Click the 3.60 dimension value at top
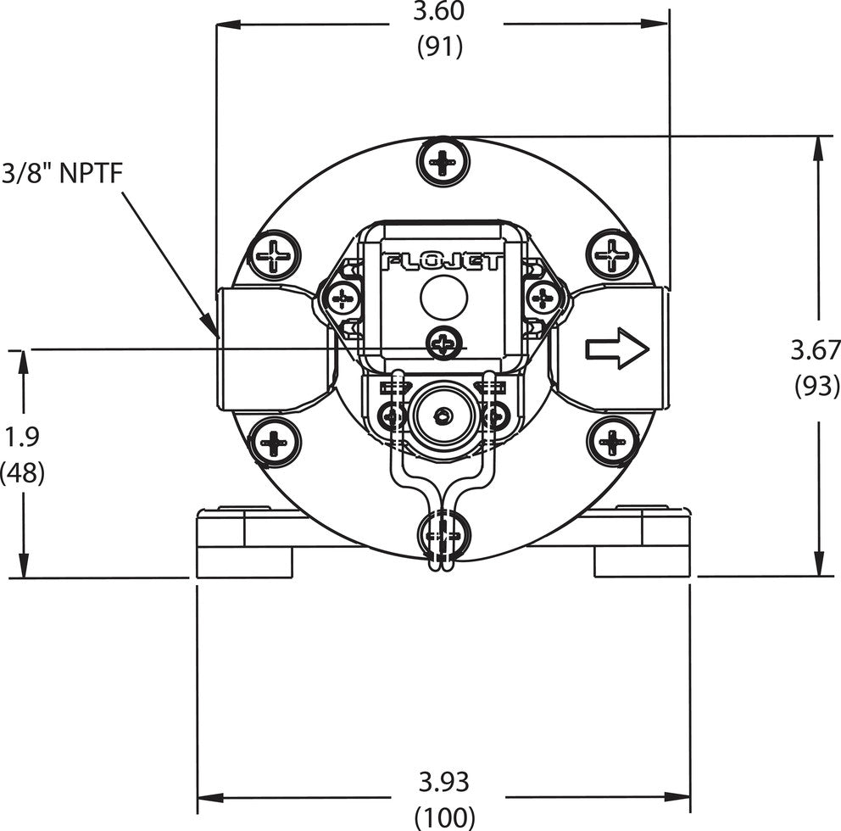tap(440, 14)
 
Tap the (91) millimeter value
tap(440, 47)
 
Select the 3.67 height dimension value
tap(815, 349)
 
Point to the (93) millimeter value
tap(816, 386)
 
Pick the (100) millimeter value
tap(444, 817)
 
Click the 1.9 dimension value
tap(22, 437)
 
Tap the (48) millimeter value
tap(23, 472)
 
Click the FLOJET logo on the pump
tap(443, 261)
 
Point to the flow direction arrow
tap(617, 349)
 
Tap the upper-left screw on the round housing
tap(275, 254)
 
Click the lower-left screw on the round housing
tap(275, 441)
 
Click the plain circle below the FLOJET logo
tap(444, 298)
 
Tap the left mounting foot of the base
tap(244, 543)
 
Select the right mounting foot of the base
tap(642, 543)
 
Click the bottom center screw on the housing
tap(443, 536)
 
